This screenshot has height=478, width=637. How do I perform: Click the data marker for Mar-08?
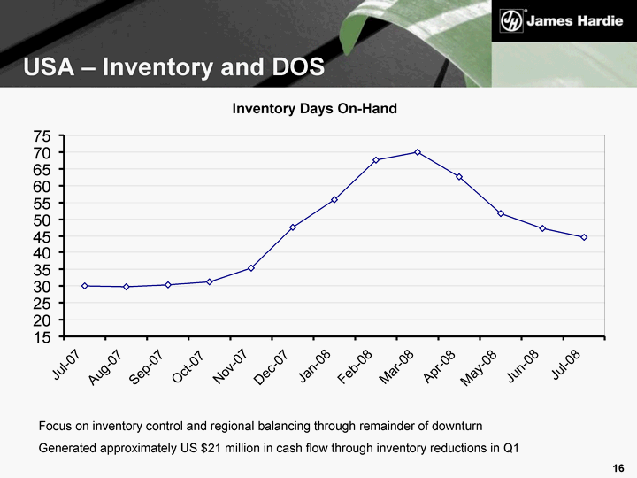click(418, 152)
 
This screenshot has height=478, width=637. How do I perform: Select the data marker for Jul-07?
click(85, 286)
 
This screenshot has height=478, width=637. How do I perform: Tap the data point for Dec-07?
click(293, 227)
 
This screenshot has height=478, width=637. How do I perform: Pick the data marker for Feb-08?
click(376, 160)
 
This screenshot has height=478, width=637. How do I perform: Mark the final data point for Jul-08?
click(584, 237)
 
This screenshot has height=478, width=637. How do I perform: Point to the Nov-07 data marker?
click(251, 268)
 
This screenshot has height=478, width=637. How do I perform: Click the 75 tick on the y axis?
click(42, 136)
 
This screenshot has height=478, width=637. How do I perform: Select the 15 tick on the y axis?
click(42, 337)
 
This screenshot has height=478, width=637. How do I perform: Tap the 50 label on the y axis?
click(42, 220)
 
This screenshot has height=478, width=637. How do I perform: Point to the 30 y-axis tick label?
click(42, 287)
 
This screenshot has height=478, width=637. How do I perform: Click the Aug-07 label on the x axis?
click(105, 366)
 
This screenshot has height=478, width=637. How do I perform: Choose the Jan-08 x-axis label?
click(314, 366)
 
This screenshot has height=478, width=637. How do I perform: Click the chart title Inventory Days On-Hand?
click(315, 108)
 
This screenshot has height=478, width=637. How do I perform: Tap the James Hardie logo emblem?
click(510, 19)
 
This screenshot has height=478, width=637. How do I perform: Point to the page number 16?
click(618, 467)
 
